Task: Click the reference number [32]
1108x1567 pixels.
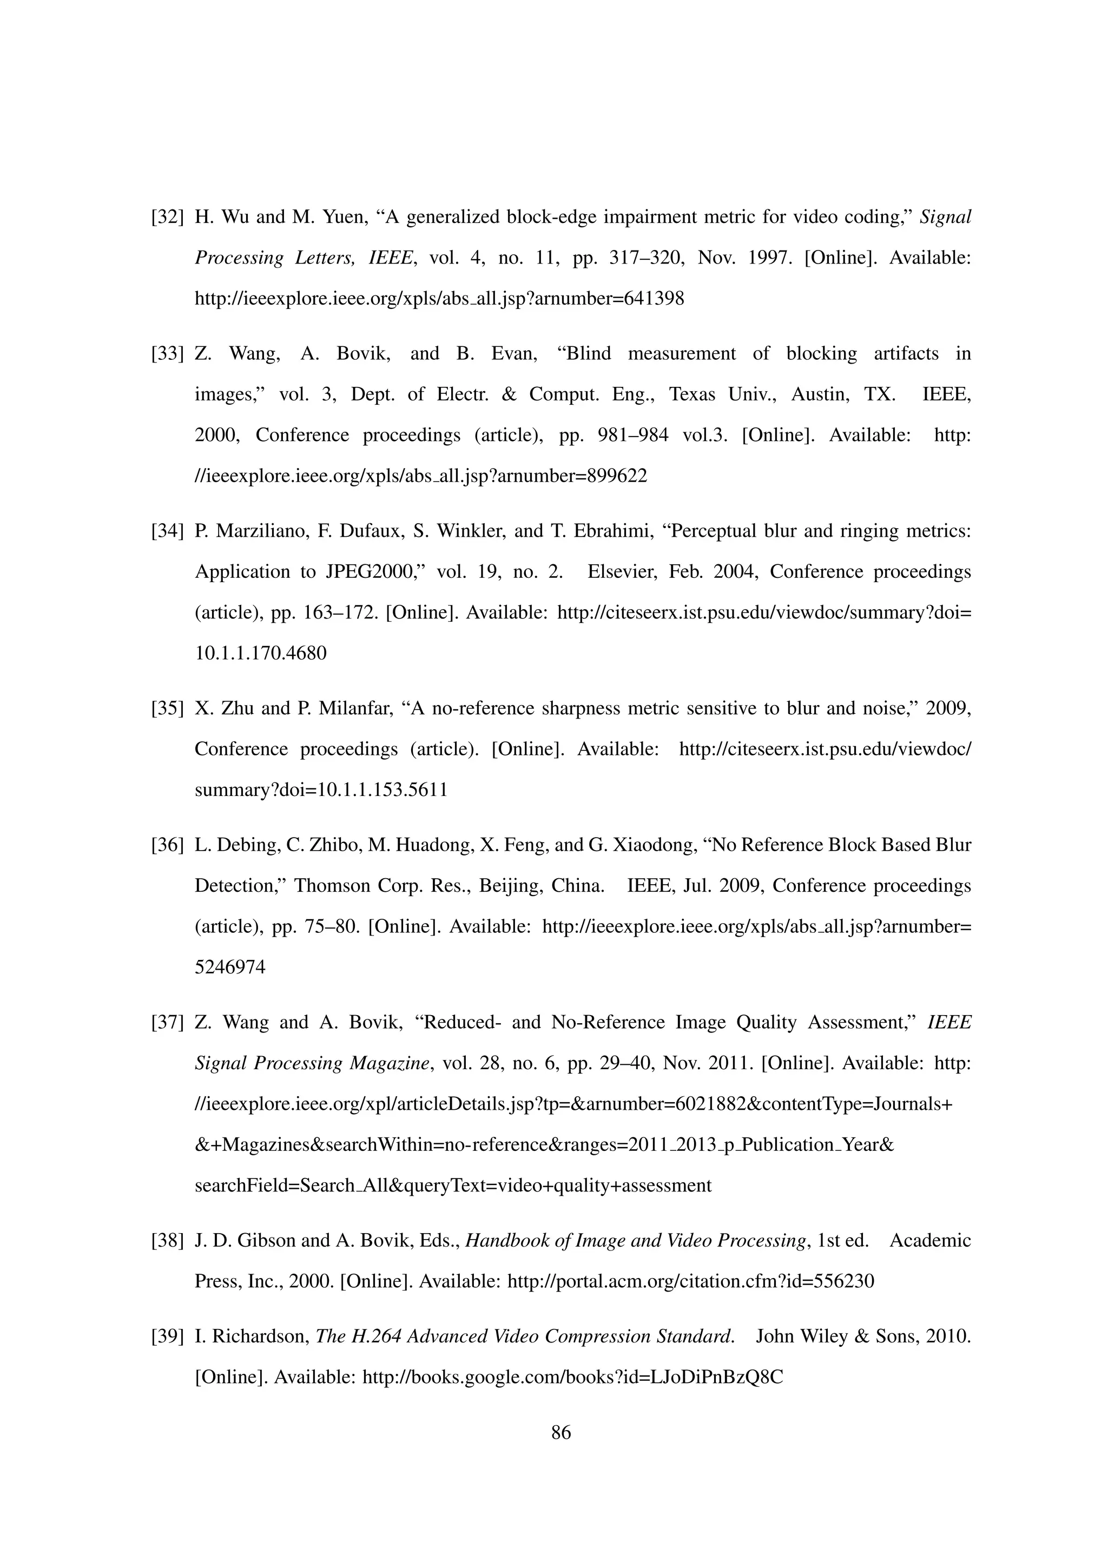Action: coord(168,218)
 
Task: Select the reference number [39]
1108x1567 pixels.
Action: coord(168,1336)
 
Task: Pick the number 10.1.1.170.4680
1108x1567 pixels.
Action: coord(261,654)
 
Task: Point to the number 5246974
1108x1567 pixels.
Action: coord(230,968)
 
